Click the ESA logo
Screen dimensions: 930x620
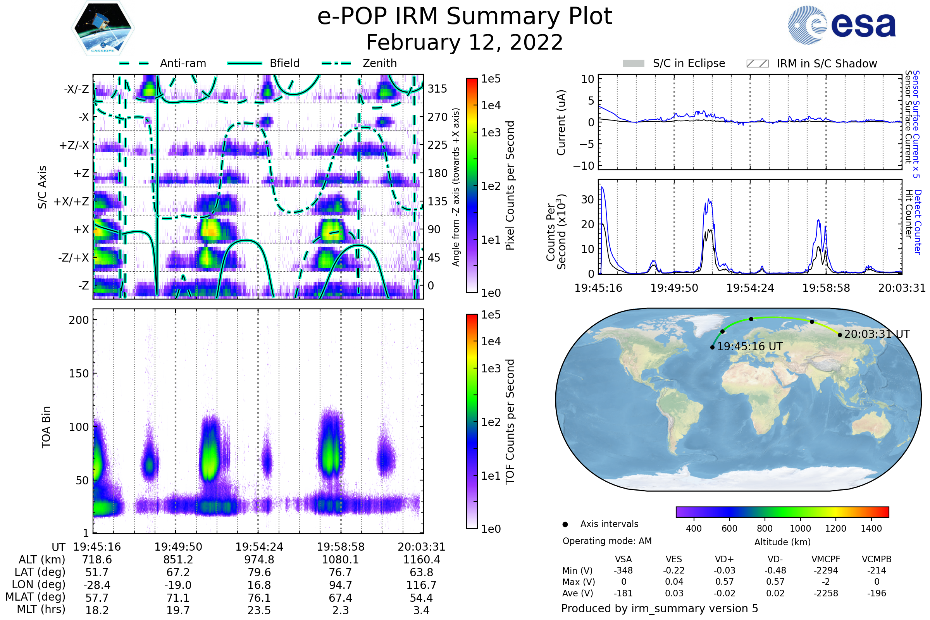[x=842, y=25]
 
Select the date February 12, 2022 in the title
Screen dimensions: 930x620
[x=465, y=42]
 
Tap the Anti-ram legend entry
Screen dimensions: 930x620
[x=162, y=63]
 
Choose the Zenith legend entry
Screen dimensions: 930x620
[x=359, y=63]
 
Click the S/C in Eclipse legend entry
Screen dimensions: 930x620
[x=674, y=63]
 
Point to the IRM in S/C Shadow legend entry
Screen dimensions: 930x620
[x=812, y=63]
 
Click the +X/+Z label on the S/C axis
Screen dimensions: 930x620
[x=71, y=201]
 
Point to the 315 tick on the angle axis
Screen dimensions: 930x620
[x=437, y=89]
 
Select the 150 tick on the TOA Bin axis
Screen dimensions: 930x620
[x=79, y=373]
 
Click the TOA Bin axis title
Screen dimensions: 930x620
[x=46, y=427]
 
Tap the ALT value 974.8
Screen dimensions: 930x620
[x=259, y=560]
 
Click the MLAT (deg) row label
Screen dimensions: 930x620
[x=35, y=597]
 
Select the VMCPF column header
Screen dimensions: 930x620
[x=826, y=559]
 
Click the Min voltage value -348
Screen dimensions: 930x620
[x=623, y=570]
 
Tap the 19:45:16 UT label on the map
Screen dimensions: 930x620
[x=750, y=347]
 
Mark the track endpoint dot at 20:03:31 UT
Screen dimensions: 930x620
[x=840, y=335]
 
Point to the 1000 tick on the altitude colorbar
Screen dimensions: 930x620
[x=800, y=529]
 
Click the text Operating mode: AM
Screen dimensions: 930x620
[x=607, y=541]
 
